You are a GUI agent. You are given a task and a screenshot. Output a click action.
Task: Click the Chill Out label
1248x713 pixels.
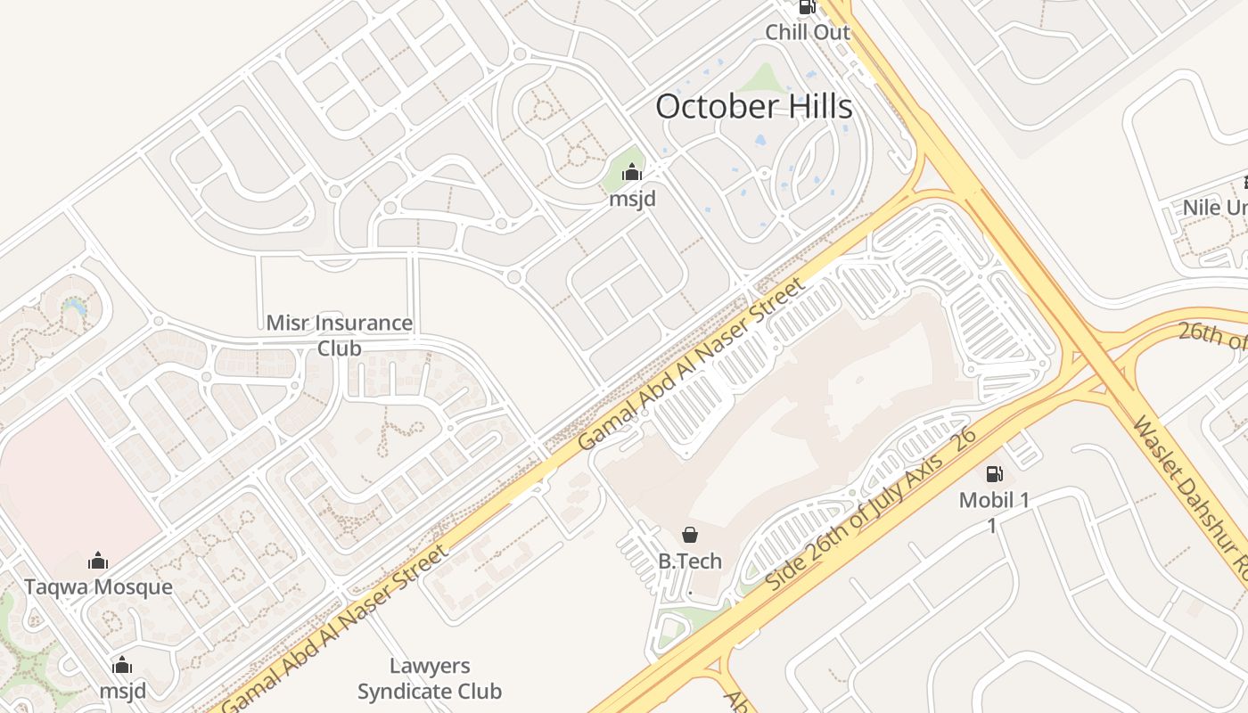(x=808, y=32)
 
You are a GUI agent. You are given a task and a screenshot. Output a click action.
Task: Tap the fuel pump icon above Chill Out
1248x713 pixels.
(x=807, y=7)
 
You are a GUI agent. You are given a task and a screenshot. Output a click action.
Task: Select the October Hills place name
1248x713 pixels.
(x=754, y=107)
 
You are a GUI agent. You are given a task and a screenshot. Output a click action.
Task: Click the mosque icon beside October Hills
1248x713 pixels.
(x=632, y=173)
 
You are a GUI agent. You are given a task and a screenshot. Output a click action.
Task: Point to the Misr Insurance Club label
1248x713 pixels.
(x=340, y=334)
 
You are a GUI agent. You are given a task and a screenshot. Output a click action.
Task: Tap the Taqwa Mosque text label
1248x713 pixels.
(x=98, y=587)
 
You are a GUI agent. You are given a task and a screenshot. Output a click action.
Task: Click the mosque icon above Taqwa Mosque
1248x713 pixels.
(x=98, y=561)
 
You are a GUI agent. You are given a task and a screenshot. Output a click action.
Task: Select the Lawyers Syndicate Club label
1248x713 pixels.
(x=430, y=678)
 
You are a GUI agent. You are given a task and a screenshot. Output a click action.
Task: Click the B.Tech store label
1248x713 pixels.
(x=690, y=561)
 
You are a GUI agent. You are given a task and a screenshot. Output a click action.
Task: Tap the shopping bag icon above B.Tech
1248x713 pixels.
(x=690, y=535)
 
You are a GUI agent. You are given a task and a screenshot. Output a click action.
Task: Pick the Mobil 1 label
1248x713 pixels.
(x=994, y=500)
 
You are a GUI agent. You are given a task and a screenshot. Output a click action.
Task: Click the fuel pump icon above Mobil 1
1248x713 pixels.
(x=994, y=473)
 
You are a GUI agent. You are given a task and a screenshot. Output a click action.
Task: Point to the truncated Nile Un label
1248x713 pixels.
(x=1214, y=208)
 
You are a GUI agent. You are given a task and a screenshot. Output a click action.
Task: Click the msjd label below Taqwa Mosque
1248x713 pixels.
(x=122, y=691)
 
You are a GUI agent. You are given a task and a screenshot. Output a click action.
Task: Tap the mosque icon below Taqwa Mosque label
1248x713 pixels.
(x=122, y=666)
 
